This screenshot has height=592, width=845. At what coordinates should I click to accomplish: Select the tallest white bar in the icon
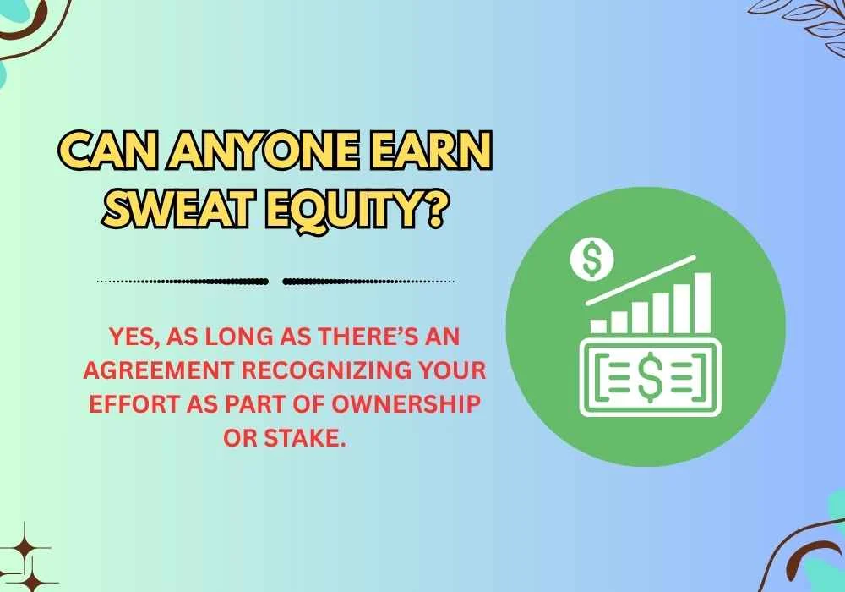point(701,301)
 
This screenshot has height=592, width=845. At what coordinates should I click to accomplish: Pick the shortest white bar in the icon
point(599,325)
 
